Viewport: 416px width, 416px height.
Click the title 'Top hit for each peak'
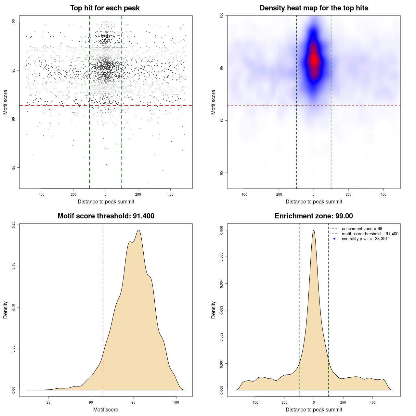(105, 8)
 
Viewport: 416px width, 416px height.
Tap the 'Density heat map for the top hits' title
(314, 8)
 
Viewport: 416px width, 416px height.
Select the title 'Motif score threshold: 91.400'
(106, 216)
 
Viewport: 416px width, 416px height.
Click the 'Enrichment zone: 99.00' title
(314, 216)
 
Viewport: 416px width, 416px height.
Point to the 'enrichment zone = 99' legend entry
(362, 229)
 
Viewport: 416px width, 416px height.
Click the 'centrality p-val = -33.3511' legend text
(366, 239)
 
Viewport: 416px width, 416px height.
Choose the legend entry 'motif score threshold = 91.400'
(370, 234)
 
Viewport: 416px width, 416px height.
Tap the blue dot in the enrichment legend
(334, 239)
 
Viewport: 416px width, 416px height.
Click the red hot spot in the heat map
(314, 59)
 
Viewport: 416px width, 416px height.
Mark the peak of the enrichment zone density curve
(314, 230)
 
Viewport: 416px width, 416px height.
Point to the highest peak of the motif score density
(139, 230)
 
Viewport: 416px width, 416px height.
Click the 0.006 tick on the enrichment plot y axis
(222, 230)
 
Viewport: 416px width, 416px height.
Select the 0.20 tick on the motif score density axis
(13, 225)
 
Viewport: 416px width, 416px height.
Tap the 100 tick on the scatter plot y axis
(13, 22)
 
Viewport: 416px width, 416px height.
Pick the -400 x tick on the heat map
(243, 194)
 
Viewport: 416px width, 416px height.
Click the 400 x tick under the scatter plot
(170, 194)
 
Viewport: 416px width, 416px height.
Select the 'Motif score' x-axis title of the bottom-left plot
(106, 409)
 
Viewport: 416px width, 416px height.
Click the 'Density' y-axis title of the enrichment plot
(214, 310)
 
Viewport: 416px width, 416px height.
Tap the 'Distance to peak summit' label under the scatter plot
(106, 201)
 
